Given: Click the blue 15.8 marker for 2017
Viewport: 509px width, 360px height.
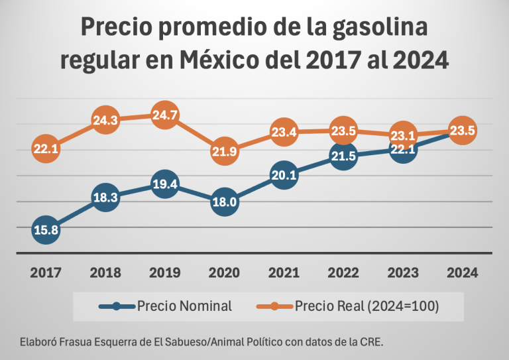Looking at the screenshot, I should point(46,230).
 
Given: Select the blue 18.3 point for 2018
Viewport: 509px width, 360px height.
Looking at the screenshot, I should point(105,198).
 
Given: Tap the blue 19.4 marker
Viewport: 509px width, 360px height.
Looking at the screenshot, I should point(164,185).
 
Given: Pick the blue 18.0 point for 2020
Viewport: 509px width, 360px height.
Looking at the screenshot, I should point(224,202).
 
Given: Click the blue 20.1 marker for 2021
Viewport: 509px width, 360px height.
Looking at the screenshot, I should point(284,176).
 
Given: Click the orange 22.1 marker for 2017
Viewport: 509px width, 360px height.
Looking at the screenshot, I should point(46,149).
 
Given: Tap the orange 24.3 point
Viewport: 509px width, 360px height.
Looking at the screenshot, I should point(105,121).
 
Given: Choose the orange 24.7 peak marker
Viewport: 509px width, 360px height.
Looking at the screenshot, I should point(164,115).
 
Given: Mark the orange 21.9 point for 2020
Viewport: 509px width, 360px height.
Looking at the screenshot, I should point(224,152).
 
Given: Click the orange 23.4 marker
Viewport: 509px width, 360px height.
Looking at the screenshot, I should point(284,133).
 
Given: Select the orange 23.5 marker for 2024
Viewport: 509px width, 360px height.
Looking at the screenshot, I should point(462,131).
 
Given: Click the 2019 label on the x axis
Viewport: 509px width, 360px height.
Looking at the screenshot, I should point(164,273).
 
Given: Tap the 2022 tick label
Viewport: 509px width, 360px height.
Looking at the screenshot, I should point(343,273).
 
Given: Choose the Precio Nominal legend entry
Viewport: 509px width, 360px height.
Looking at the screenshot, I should point(166,306).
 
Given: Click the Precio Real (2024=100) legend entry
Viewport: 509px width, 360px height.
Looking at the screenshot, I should point(347,306).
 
